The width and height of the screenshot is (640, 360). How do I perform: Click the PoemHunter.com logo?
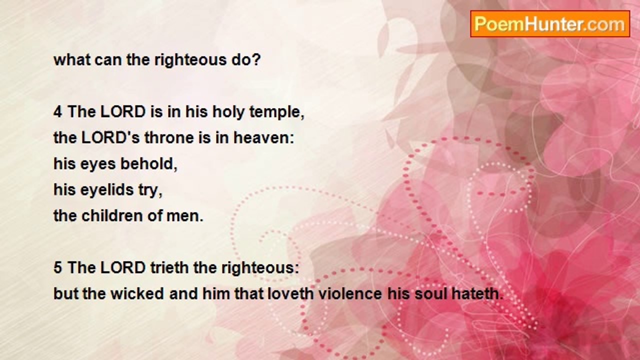click(x=550, y=23)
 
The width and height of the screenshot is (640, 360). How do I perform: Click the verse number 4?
click(x=58, y=112)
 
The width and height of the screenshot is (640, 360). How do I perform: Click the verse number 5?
click(x=58, y=268)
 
